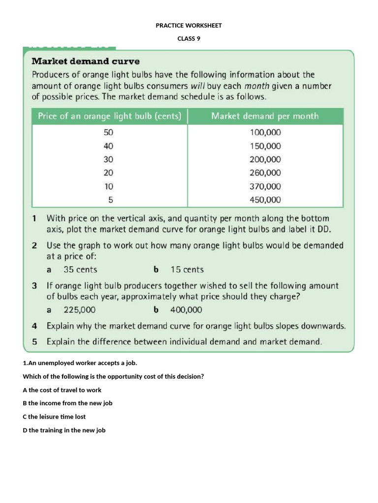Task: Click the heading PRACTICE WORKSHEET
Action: [x=189, y=26]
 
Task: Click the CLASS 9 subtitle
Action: [x=189, y=39]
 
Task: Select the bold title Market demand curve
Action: [x=86, y=61]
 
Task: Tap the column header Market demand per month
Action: [x=264, y=116]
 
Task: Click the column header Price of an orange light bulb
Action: [x=109, y=116]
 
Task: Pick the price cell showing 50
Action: [x=108, y=133]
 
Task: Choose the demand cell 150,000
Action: [x=265, y=146]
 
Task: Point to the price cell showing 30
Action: [x=108, y=159]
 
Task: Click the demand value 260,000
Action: [x=265, y=172]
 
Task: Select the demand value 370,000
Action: [x=265, y=186]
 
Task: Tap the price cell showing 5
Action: [x=110, y=199]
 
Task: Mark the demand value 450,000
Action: [x=265, y=199]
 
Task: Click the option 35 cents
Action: [x=80, y=269]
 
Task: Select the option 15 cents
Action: [x=187, y=269]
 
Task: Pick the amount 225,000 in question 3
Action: [x=79, y=309]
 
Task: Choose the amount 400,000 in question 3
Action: [x=186, y=309]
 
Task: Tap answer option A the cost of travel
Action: [x=62, y=390]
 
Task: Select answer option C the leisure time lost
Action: [x=54, y=417]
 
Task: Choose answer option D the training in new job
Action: [x=64, y=430]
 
